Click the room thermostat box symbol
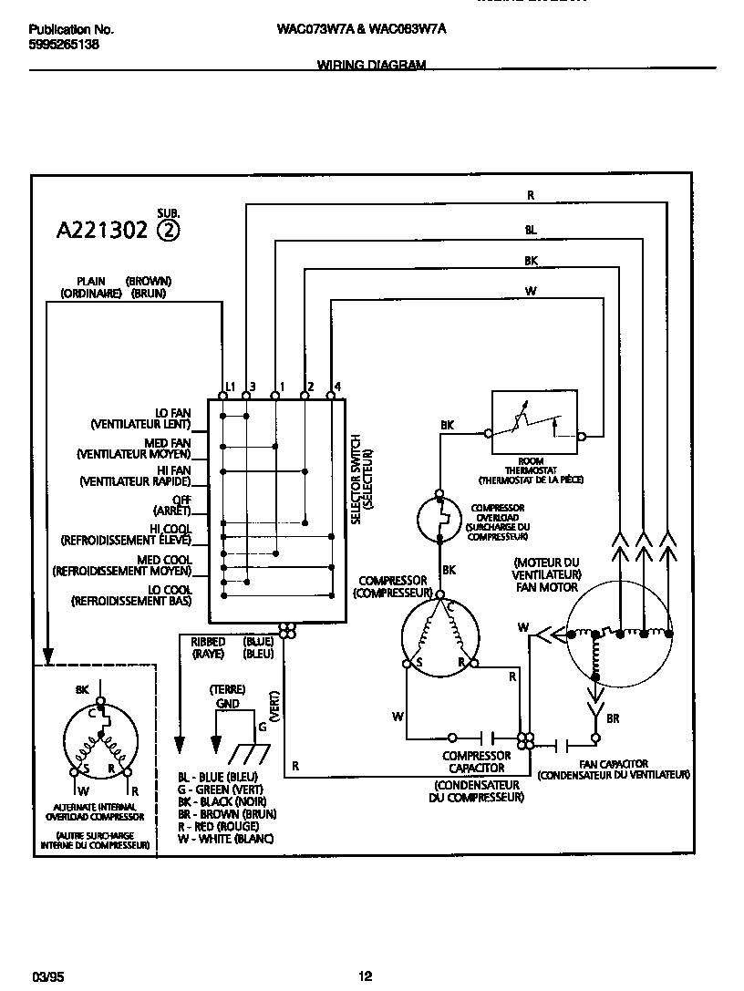tap(534, 422)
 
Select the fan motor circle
tap(619, 635)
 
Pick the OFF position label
tap(181, 504)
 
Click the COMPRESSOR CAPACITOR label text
tap(476, 761)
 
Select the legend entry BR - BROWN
tap(226, 813)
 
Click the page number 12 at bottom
tap(365, 976)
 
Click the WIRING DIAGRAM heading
tap(371, 65)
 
